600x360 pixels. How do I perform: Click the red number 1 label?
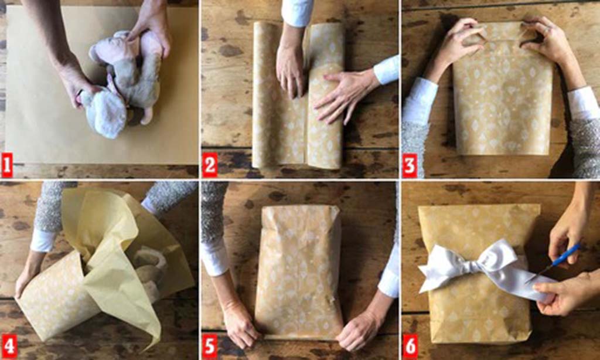pyautogui.click(x=7, y=164)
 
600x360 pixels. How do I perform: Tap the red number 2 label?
pyautogui.click(x=210, y=164)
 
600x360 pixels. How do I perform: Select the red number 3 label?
pyautogui.click(x=410, y=164)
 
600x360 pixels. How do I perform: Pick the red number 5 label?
pyautogui.click(x=210, y=346)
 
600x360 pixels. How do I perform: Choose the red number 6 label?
pyautogui.click(x=410, y=346)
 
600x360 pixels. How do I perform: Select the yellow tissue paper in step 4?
pyautogui.click(x=111, y=246)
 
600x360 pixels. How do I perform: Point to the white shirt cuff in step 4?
pyautogui.click(x=42, y=240)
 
